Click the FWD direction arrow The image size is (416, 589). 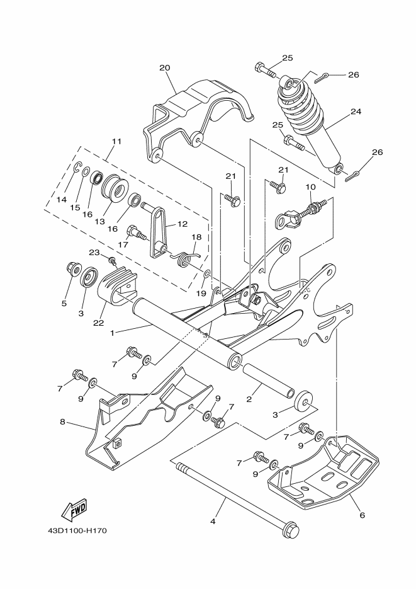pos(74,508)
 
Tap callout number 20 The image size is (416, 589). pos(165,67)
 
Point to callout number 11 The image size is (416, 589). pos(116,141)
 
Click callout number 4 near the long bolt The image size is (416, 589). pos(213,521)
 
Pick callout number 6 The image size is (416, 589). pos(361,515)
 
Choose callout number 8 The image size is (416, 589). pos(62,421)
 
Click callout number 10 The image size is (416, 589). pos(310,186)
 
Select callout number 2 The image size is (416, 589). pos(249,399)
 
